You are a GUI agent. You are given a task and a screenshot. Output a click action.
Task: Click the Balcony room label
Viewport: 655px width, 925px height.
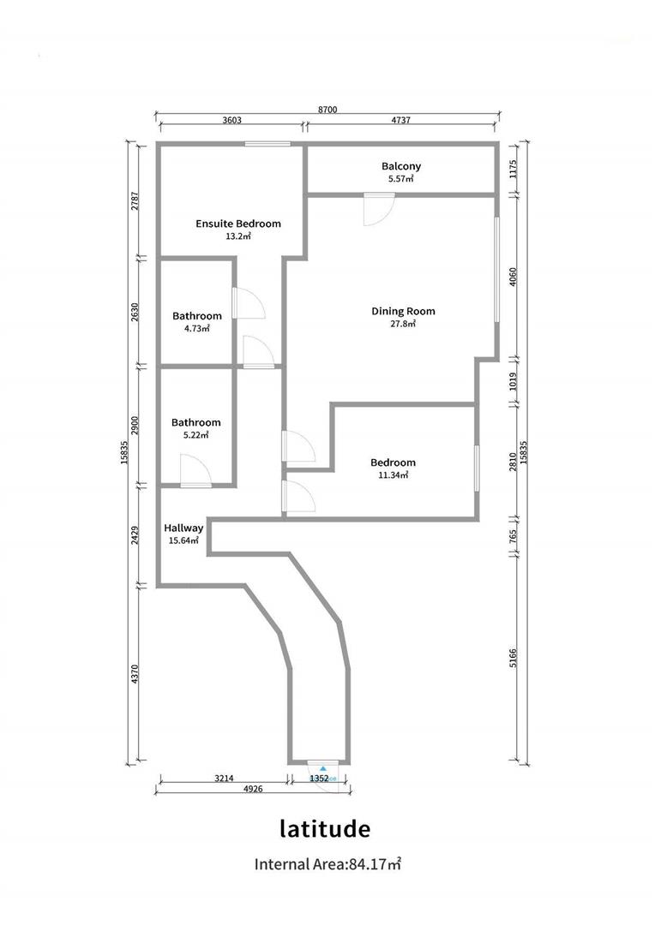click(401, 166)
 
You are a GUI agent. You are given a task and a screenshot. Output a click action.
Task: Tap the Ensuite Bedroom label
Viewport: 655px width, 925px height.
click(237, 224)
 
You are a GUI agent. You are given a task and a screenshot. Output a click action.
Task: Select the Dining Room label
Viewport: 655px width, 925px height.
click(403, 311)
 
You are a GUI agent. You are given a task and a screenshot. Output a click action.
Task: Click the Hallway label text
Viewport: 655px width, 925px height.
click(183, 528)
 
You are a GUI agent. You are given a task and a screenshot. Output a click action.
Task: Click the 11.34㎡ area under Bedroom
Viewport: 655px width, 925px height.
click(394, 474)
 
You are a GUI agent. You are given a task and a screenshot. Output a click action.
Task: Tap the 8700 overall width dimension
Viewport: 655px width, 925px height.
click(327, 110)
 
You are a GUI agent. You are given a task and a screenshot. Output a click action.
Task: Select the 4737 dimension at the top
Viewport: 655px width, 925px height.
click(400, 121)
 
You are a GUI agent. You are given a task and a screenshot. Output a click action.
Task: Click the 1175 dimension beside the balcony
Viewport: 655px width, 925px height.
click(514, 169)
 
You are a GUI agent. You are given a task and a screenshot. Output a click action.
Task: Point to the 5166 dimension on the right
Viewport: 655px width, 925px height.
click(514, 657)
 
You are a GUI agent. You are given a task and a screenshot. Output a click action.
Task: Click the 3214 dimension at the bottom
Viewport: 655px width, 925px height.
click(223, 779)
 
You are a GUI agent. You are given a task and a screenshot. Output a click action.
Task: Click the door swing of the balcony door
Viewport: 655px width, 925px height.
click(378, 211)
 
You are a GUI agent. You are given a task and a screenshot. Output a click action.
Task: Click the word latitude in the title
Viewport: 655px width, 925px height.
click(325, 829)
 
